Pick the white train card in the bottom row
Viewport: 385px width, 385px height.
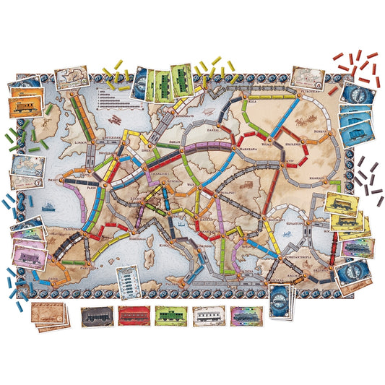pyautogui.click(x=209, y=316)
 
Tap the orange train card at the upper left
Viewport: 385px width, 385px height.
pyautogui.click(x=25, y=105)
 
